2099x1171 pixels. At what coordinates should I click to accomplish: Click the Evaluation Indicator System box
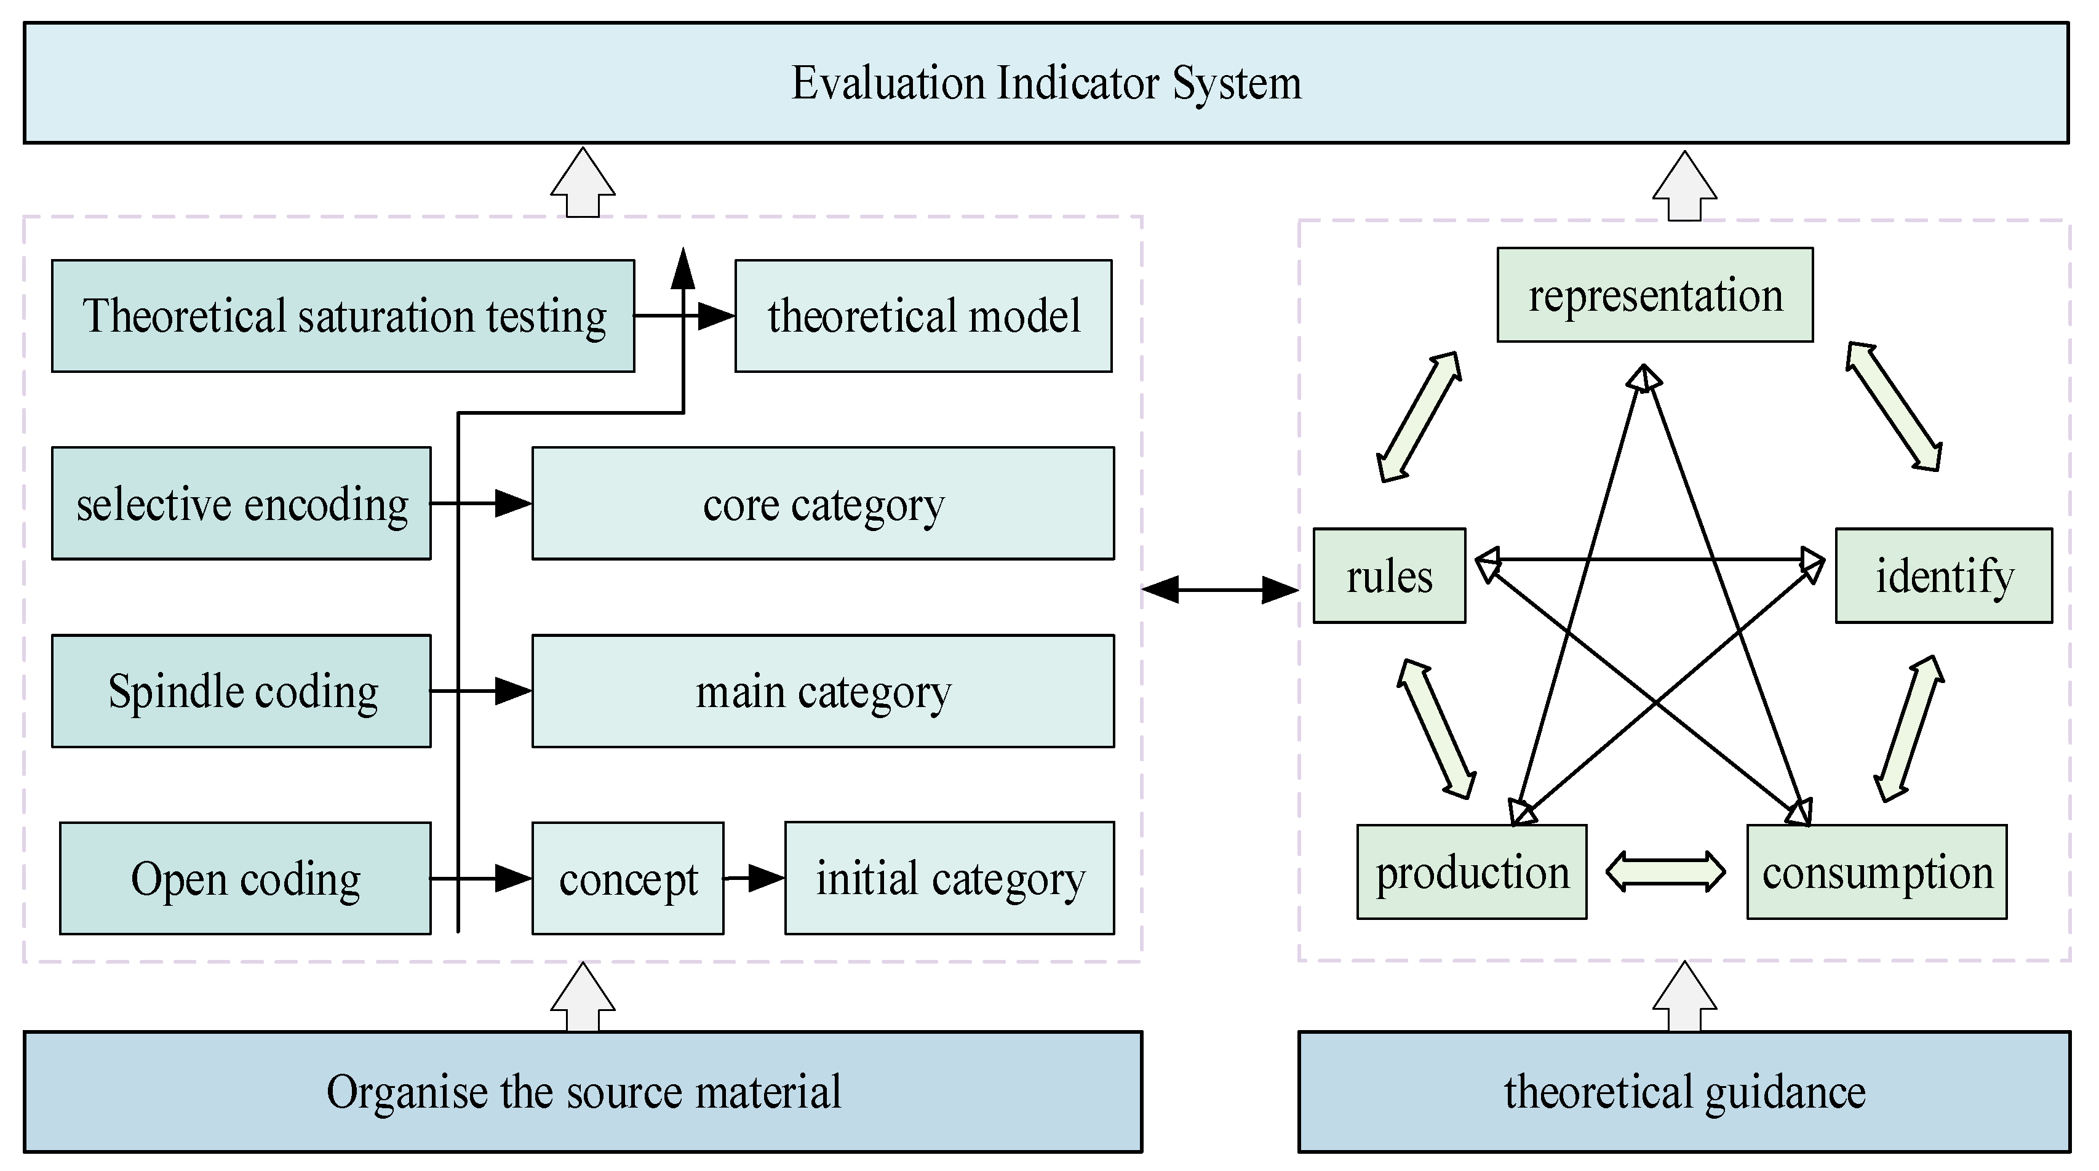[x=1046, y=83]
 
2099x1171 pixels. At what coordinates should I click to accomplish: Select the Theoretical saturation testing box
[x=343, y=316]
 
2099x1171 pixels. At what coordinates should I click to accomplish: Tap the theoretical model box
[x=923, y=316]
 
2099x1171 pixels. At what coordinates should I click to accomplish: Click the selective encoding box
[x=241, y=503]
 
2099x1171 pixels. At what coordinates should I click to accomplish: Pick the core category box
[x=823, y=503]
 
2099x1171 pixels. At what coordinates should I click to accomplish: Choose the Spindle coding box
[x=241, y=691]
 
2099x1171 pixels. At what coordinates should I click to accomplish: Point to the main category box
[x=823, y=691]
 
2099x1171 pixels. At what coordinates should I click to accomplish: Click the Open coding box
[x=245, y=879]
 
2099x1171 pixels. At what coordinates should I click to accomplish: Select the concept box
[x=627, y=879]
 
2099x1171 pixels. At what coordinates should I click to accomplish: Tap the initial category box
[x=949, y=879]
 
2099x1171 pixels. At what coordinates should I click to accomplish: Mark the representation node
[x=1655, y=295]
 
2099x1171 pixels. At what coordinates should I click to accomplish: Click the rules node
[x=1389, y=576]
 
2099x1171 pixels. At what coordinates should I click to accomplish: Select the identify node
[x=1944, y=576]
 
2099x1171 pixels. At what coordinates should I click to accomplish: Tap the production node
[x=1472, y=872]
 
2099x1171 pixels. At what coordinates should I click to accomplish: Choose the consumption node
[x=1876, y=872]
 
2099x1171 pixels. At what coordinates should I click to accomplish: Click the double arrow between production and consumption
[x=1665, y=871]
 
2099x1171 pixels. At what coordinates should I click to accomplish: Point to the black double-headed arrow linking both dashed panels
[x=1220, y=589]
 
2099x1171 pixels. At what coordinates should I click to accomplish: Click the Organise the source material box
[x=583, y=1092]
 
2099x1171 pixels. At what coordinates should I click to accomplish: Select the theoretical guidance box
[x=1684, y=1092]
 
